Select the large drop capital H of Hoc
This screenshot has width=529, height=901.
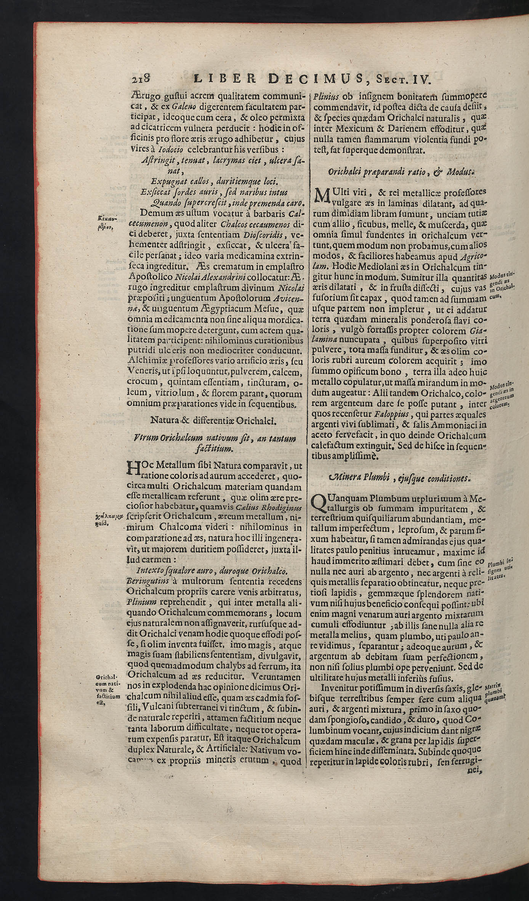132,469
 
